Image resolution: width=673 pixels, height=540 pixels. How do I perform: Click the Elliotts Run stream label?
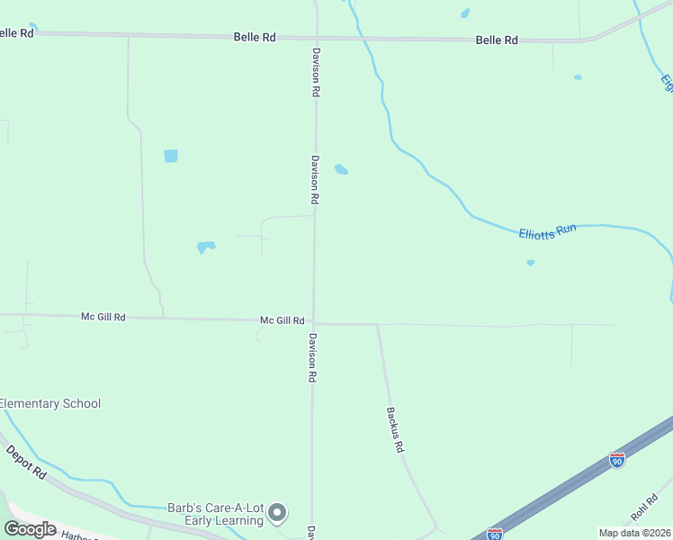coord(546,231)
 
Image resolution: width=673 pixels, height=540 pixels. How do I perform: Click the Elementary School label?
coord(50,404)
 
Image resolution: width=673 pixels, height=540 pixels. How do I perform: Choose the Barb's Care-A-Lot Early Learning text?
coord(215,514)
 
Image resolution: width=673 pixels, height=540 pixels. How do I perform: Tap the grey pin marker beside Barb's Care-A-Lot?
coord(278,513)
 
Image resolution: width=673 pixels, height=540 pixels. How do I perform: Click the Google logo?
coord(30,529)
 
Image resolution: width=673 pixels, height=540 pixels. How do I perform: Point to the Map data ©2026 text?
coord(634,533)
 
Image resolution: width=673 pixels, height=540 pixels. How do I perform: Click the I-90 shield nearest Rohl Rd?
coord(616,460)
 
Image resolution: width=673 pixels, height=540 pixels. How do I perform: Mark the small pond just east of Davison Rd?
coord(341,169)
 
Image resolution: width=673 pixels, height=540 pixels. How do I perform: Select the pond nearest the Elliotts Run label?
coord(530,263)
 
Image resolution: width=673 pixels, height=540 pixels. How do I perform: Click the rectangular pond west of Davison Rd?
coord(171,156)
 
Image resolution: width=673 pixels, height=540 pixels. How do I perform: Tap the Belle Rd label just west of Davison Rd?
coord(255,38)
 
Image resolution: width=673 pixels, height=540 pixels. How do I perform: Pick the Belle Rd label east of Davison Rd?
coord(497,40)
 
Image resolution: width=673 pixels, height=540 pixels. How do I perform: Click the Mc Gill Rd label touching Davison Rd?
coord(283,320)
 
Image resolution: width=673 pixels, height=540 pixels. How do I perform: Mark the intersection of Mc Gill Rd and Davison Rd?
coord(313,322)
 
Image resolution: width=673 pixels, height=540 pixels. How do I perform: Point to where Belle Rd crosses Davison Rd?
coord(316,38)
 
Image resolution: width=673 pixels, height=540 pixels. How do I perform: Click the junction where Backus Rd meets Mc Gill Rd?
coord(377,325)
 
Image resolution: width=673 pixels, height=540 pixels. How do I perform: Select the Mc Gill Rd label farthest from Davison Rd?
coord(103,317)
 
